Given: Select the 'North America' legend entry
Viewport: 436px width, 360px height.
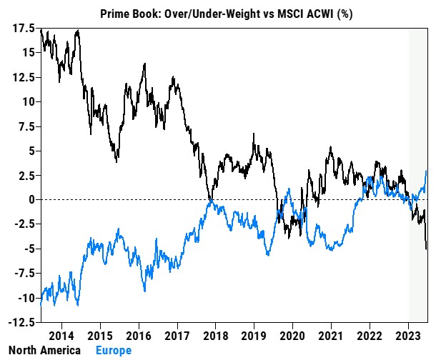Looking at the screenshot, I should point(40,351).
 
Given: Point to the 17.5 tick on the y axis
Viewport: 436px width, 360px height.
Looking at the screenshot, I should point(23,29).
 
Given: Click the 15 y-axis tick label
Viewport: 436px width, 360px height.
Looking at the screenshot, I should point(28,52).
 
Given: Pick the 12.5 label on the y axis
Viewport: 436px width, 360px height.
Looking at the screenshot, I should point(23,76).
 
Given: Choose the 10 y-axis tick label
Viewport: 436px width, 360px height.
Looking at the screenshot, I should point(28,101).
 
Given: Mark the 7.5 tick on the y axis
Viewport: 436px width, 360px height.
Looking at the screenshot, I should point(25,126).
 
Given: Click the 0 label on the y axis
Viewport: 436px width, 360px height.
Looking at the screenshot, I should point(31,199).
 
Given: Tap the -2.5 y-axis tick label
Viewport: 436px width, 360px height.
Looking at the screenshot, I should point(23,224).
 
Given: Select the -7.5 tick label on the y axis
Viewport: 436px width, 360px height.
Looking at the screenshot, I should point(23,273).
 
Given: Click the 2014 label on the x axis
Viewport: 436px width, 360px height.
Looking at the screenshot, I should point(61,335).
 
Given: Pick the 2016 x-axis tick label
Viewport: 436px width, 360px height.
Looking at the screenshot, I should point(138,335).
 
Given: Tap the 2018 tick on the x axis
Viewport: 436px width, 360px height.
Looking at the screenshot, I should point(215,335).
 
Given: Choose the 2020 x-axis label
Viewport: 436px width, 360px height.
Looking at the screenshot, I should point(292,335).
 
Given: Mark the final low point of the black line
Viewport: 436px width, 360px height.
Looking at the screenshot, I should point(427,249).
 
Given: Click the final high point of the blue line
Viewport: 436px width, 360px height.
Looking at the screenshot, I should point(427,171).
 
